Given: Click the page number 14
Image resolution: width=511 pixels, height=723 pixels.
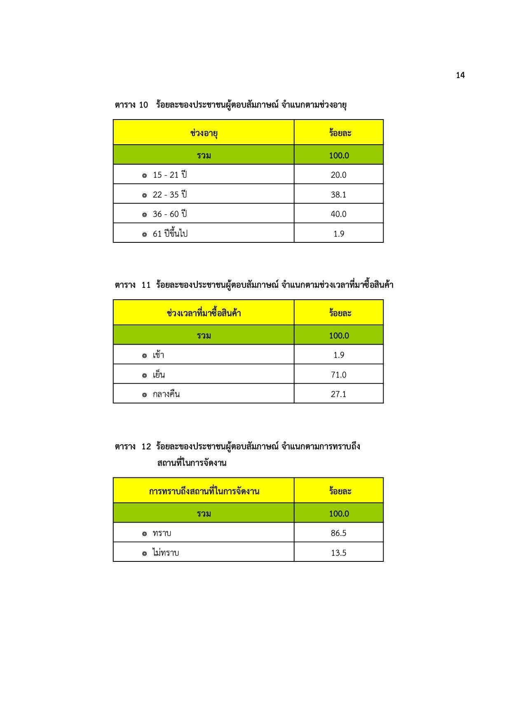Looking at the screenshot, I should click(460, 75).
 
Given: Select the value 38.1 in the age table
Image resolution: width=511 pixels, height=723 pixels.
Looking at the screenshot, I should click(338, 195).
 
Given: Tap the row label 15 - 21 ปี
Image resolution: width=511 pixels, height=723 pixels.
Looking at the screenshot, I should click(169, 175).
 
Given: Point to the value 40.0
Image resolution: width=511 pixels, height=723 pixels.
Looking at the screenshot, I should click(338, 214).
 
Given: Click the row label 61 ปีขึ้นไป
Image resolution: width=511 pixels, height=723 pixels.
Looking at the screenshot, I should click(170, 234).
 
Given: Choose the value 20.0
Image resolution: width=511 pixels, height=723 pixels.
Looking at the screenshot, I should click(338, 175).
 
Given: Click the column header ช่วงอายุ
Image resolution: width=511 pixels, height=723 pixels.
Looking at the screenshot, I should click(204, 133).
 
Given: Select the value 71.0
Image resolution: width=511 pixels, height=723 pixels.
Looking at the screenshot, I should click(338, 375).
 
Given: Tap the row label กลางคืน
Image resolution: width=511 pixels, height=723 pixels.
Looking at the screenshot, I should click(166, 394).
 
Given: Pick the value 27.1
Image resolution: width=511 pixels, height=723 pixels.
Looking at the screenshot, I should click(338, 394).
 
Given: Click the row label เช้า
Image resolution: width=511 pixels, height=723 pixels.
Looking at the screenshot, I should click(159, 355).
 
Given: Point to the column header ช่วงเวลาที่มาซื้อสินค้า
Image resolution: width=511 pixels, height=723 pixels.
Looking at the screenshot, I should click(204, 313).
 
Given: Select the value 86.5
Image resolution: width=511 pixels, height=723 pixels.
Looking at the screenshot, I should click(338, 533).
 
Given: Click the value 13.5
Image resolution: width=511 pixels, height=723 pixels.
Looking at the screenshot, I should click(338, 553).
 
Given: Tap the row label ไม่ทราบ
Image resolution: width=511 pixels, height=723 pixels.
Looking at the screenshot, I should click(166, 553).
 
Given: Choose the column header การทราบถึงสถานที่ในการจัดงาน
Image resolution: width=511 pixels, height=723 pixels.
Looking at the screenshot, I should click(204, 491).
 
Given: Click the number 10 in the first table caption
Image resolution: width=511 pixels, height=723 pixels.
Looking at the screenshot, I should click(143, 105).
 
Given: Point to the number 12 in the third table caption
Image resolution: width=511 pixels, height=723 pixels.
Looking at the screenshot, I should click(146, 446).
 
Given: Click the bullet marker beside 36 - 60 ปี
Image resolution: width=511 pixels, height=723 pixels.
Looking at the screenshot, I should click(144, 215).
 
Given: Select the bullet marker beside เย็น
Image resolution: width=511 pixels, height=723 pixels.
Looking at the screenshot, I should click(144, 376).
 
